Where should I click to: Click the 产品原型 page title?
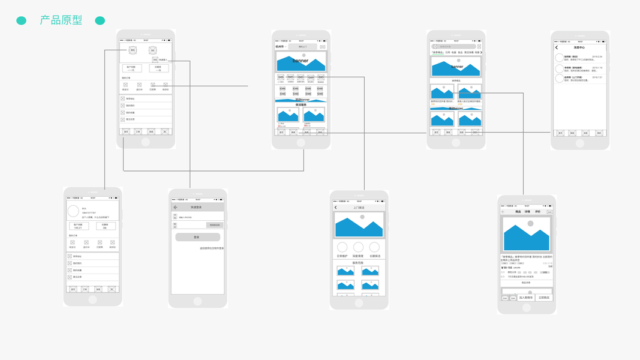61,20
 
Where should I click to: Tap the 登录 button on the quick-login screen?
197,237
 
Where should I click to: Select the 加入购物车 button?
526,298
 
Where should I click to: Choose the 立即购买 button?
544,298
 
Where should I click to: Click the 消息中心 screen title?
579,47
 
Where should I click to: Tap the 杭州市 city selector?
280,47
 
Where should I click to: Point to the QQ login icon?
152,50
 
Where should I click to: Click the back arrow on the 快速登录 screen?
176,208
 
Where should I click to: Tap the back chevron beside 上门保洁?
335,208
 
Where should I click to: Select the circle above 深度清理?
358,247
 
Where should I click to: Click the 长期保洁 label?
374,256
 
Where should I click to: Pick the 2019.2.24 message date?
597,56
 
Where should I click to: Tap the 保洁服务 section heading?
301,104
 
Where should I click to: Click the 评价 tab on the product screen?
537,212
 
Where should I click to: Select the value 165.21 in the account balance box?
79,228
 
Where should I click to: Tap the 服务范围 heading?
358,263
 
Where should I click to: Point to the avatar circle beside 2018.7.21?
559,78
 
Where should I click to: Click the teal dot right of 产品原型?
100,20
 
